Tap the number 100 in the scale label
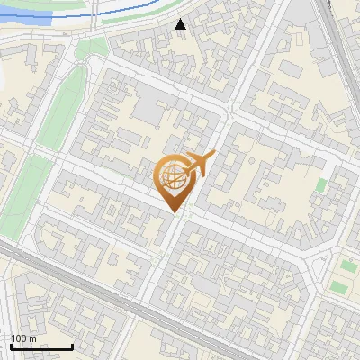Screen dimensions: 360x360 click(20, 338)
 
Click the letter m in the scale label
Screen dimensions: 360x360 click(32, 338)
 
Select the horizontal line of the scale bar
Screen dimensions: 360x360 click(41, 346)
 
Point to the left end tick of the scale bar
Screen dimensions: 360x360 click(11, 345)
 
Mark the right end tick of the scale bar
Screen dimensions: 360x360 click(72, 345)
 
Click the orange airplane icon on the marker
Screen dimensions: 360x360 click(199, 165)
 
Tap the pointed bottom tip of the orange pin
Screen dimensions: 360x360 click(173, 211)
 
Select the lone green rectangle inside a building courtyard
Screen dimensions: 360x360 click(321, 185)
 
